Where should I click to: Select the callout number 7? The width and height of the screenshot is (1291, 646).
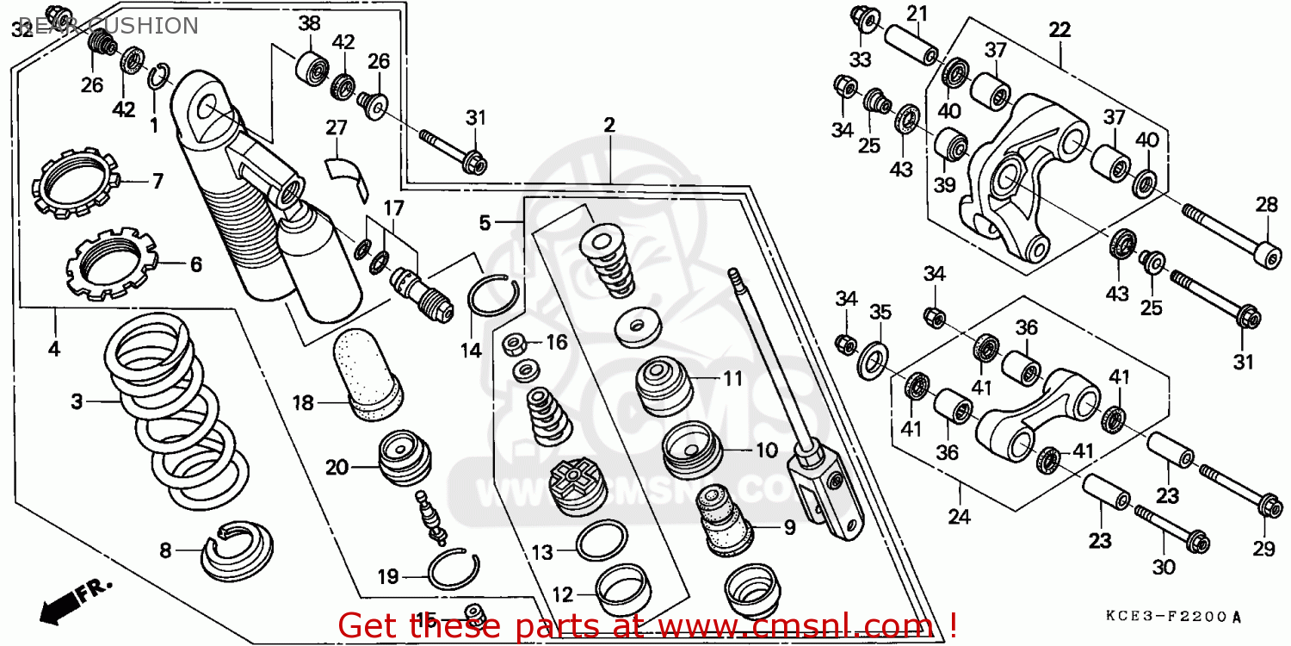158,181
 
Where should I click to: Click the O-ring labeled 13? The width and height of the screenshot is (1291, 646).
601,541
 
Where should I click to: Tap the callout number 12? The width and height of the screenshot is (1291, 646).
562,594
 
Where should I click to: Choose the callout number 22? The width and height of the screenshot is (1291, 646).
1059,30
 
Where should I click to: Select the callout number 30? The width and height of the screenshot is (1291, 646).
1163,568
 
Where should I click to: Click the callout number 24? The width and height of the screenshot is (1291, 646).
959,517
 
